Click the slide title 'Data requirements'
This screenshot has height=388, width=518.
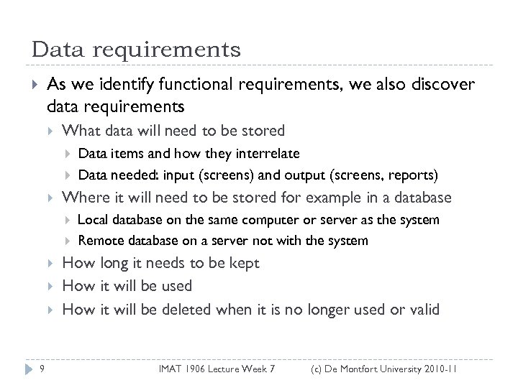[x=136, y=50]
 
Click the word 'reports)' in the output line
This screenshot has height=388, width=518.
[x=415, y=175]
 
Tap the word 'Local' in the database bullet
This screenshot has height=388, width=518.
[x=91, y=220]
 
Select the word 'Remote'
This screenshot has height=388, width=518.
[x=99, y=241]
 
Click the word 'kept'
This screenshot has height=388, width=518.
[x=243, y=263]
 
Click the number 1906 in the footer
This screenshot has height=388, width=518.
[x=202, y=369]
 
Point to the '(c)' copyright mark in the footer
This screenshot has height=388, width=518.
[x=317, y=369]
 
